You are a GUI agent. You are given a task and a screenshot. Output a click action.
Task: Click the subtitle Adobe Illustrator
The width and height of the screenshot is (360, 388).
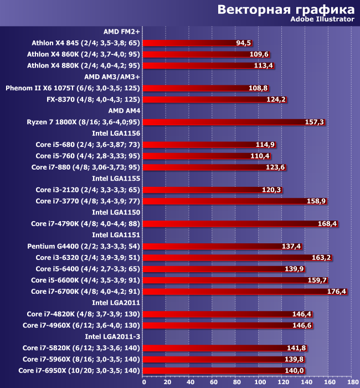pos(322,19)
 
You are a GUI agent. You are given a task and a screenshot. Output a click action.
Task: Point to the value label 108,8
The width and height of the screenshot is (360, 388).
pos(259,88)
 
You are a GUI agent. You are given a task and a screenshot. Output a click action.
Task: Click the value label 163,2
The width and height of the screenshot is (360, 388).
pos(322,258)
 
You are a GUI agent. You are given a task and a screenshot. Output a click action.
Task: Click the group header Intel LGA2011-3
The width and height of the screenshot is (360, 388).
pos(112,336)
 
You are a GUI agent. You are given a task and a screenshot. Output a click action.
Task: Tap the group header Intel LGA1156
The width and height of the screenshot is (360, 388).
pos(116,134)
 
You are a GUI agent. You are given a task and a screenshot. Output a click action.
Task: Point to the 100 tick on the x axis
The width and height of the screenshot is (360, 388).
pos(260,382)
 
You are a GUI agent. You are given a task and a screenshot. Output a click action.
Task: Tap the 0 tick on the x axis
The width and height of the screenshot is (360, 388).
pos(144,382)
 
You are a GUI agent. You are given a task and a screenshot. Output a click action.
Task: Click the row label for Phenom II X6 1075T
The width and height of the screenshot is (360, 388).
pos(73,88)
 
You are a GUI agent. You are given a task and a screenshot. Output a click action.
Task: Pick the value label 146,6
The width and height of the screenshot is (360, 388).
pos(302,325)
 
